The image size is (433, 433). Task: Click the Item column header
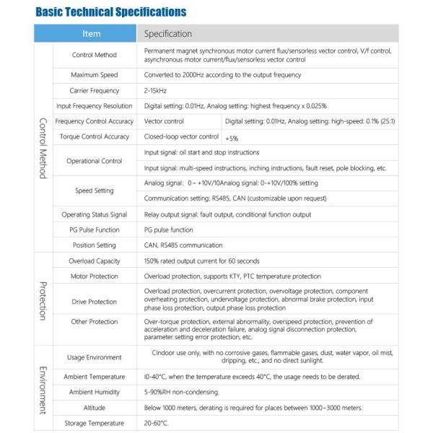coord(92,33)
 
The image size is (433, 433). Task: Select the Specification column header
coord(168,33)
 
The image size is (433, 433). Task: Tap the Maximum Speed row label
coord(95,75)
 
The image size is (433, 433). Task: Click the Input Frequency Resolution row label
coord(95,105)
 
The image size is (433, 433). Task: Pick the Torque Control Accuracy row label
coord(95,136)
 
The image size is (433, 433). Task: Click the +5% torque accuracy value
coord(232,137)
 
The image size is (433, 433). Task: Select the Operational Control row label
coord(95,160)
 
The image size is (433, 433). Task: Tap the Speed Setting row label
coord(95,191)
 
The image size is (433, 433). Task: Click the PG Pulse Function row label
coord(95,229)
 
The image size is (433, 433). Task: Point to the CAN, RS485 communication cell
coord(183,245)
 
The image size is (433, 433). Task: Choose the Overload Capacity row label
coord(95,261)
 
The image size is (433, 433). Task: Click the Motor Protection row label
coord(95,276)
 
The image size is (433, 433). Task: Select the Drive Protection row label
coord(95,301)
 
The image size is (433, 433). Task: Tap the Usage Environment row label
coord(95,357)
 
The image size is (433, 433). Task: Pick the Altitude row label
coord(95,407)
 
